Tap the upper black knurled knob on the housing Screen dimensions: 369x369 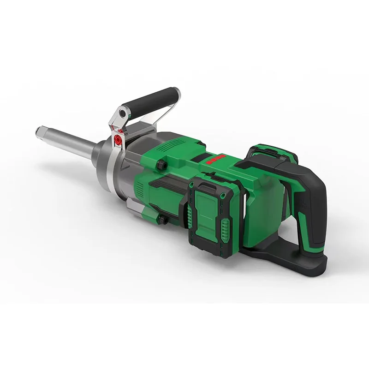(161, 165)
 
